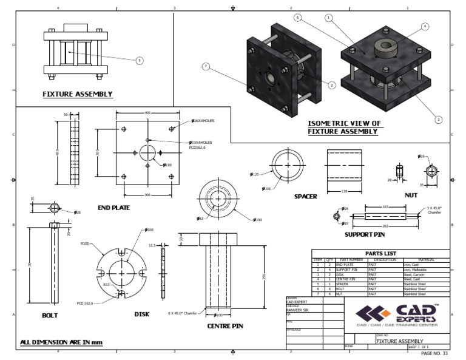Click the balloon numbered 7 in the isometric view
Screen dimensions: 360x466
tap(206, 66)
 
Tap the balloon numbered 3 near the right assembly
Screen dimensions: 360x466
tap(439, 120)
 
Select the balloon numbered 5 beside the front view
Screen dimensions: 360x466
tap(140, 60)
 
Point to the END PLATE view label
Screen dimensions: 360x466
tap(114, 208)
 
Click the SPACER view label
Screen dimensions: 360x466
tap(306, 196)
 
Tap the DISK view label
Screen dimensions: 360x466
tap(141, 314)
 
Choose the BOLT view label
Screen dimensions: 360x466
tap(50, 315)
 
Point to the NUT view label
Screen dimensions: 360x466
tap(412, 195)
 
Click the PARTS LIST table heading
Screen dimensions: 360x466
tap(381, 253)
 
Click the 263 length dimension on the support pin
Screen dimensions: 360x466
tap(385, 225)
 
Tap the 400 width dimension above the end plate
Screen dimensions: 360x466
tap(147, 113)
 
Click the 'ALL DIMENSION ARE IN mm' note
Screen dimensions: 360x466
tap(61, 343)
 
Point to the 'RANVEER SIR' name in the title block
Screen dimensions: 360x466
tap(297, 309)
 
